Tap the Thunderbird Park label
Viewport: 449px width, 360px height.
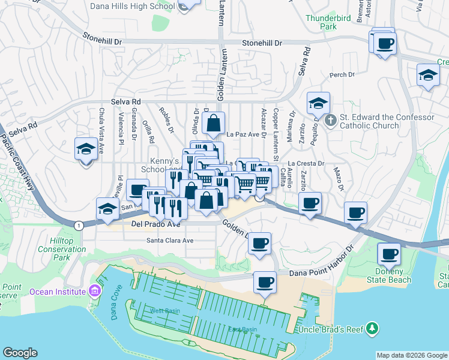click(x=329, y=22)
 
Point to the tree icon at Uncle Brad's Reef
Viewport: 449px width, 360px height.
click(x=373, y=328)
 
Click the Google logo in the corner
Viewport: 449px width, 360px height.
click(x=20, y=353)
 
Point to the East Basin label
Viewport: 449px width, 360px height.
click(x=243, y=329)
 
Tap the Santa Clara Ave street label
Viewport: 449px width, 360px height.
click(x=170, y=241)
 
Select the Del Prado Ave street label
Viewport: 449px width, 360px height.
click(x=155, y=225)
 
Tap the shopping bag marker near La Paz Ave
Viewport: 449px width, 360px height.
click(x=213, y=123)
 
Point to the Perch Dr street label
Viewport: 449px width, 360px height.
click(x=342, y=75)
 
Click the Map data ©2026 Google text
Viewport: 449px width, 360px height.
click(x=411, y=355)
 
